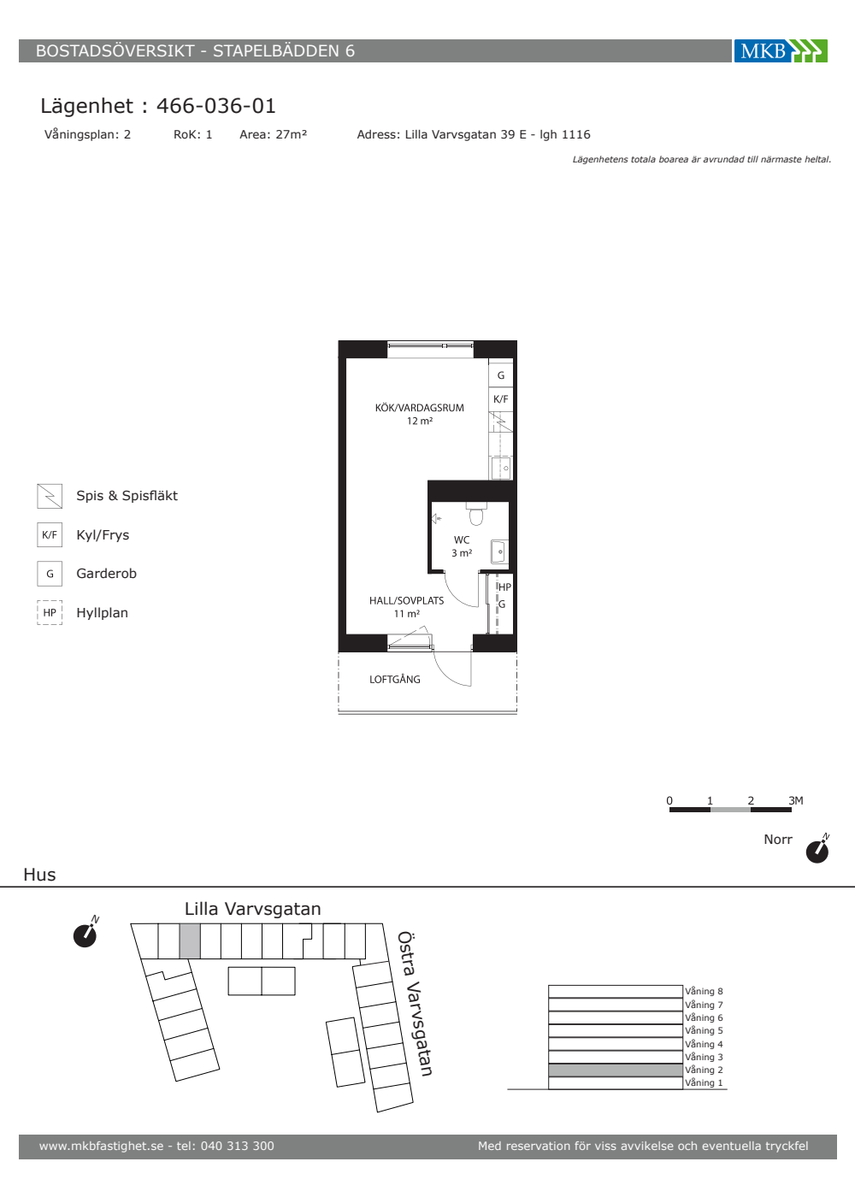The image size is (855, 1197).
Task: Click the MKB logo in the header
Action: click(x=781, y=50)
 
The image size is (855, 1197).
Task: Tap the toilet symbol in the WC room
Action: click(x=475, y=514)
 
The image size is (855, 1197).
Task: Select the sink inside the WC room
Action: click(x=498, y=552)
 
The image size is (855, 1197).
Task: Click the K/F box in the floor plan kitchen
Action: click(x=501, y=399)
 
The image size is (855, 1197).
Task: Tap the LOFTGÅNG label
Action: click(x=395, y=679)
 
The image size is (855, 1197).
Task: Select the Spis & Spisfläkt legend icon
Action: click(x=50, y=496)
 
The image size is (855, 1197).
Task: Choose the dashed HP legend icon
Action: click(x=50, y=612)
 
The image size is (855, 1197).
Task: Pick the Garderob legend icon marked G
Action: click(x=50, y=574)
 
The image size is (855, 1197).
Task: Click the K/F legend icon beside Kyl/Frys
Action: click(x=50, y=535)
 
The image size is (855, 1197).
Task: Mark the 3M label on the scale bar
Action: click(x=796, y=800)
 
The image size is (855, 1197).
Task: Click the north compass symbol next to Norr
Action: click(x=817, y=849)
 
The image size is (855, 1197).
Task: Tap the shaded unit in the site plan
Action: click(x=190, y=941)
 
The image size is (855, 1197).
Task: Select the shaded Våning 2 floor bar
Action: click(x=616, y=1070)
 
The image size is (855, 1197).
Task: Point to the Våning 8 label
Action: click(x=704, y=991)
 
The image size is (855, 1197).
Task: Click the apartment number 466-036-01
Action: click(x=215, y=106)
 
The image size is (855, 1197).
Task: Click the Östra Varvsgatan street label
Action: click(x=415, y=1004)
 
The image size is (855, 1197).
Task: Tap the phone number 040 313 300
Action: click(x=238, y=1146)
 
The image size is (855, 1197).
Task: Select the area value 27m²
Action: click(x=292, y=134)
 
